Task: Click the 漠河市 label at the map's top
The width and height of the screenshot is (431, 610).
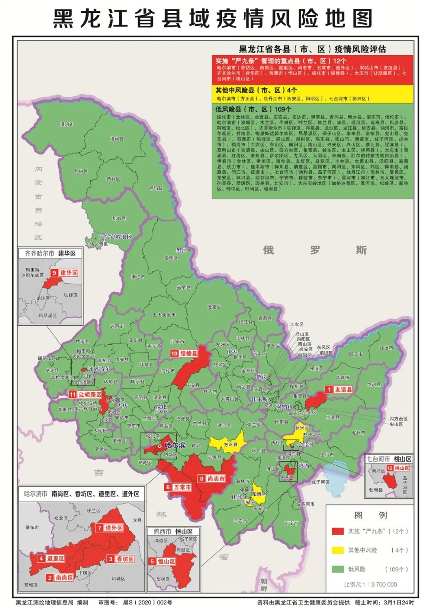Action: point(67,124)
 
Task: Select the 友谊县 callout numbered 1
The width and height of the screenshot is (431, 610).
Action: point(339,389)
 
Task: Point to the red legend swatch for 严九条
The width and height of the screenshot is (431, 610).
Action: point(338,531)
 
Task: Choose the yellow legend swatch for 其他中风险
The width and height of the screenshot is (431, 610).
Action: point(338,550)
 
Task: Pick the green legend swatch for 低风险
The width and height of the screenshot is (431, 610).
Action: point(338,569)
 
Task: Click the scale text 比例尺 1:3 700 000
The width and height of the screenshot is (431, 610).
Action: point(370,584)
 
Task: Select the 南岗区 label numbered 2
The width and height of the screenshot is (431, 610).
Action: point(60,578)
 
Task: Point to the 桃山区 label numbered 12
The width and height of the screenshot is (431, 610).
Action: point(398,468)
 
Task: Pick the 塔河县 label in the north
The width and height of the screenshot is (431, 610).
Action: point(117,139)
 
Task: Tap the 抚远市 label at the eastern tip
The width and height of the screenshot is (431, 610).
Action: point(386,348)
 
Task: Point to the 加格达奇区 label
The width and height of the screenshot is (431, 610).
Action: point(96,244)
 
